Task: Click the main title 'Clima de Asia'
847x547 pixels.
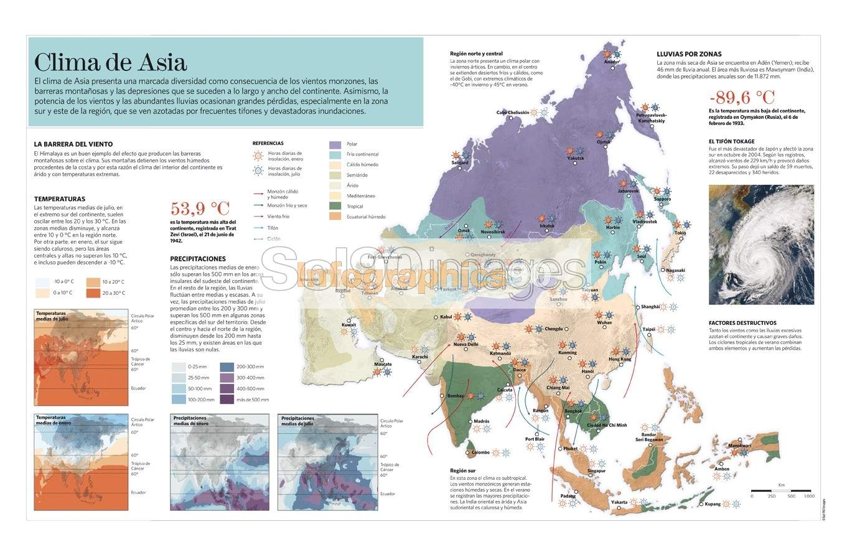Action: click(110, 63)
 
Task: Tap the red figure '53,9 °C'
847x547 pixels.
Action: click(200, 208)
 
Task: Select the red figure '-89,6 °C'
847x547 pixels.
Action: click(742, 98)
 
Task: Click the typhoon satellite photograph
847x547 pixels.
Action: click(760, 245)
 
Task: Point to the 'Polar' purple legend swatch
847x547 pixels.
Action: click(335, 144)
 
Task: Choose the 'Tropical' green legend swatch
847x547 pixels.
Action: click(335, 206)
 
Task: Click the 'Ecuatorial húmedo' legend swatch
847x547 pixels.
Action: click(335, 217)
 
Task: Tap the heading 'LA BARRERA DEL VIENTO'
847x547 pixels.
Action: click(73, 144)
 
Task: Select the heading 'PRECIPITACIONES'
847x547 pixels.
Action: click(198, 259)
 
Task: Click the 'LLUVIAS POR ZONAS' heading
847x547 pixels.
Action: click(689, 54)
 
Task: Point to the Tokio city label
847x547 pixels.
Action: click(680, 233)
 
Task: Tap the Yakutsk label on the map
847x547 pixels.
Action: click(576, 158)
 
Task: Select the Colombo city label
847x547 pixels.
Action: click(480, 452)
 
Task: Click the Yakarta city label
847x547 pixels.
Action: click(619, 502)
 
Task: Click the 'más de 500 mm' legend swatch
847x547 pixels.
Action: click(227, 400)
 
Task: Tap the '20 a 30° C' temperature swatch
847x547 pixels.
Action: click(93, 292)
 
